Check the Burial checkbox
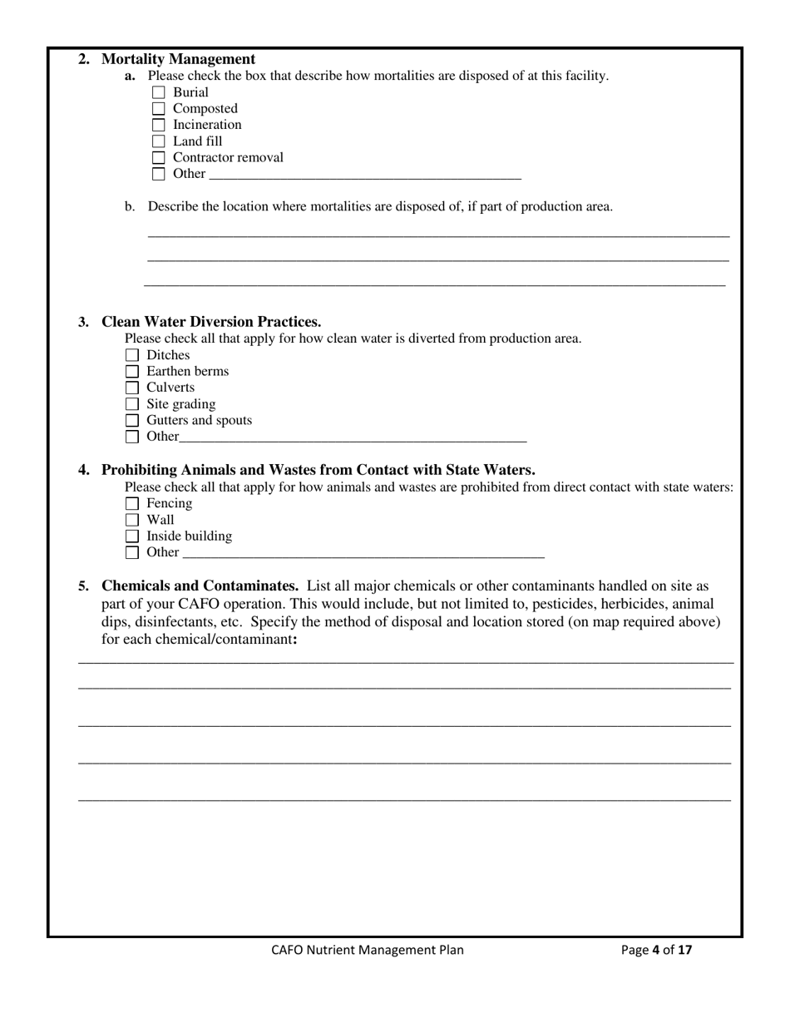pyautogui.click(x=159, y=93)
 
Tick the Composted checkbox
pyautogui.click(x=159, y=109)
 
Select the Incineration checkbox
pyautogui.click(x=159, y=126)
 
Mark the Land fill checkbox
pyautogui.click(x=159, y=141)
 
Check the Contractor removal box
pyautogui.click(x=159, y=158)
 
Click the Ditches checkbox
pyautogui.click(x=132, y=356)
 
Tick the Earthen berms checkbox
pyautogui.click(x=132, y=372)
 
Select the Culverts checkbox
pyautogui.click(x=132, y=388)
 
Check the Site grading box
pyautogui.click(x=132, y=404)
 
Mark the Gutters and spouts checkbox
pyautogui.click(x=132, y=421)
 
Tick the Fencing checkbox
pyautogui.click(x=132, y=504)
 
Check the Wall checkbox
pyautogui.click(x=132, y=521)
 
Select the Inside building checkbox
pyautogui.click(x=132, y=536)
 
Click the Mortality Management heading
pyautogui.click(x=178, y=59)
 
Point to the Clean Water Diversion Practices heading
pyautogui.click(x=211, y=322)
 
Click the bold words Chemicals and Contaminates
pyautogui.click(x=200, y=586)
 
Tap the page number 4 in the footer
pyautogui.click(x=655, y=950)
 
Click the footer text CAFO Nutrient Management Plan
pyautogui.click(x=368, y=950)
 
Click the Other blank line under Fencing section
pyautogui.click(x=363, y=554)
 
